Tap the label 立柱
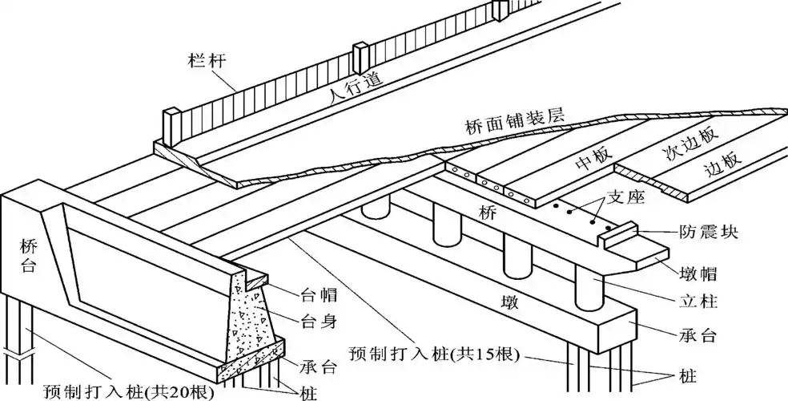pos(694,302)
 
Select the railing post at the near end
pos(173,127)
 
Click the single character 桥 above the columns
pos(488,213)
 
